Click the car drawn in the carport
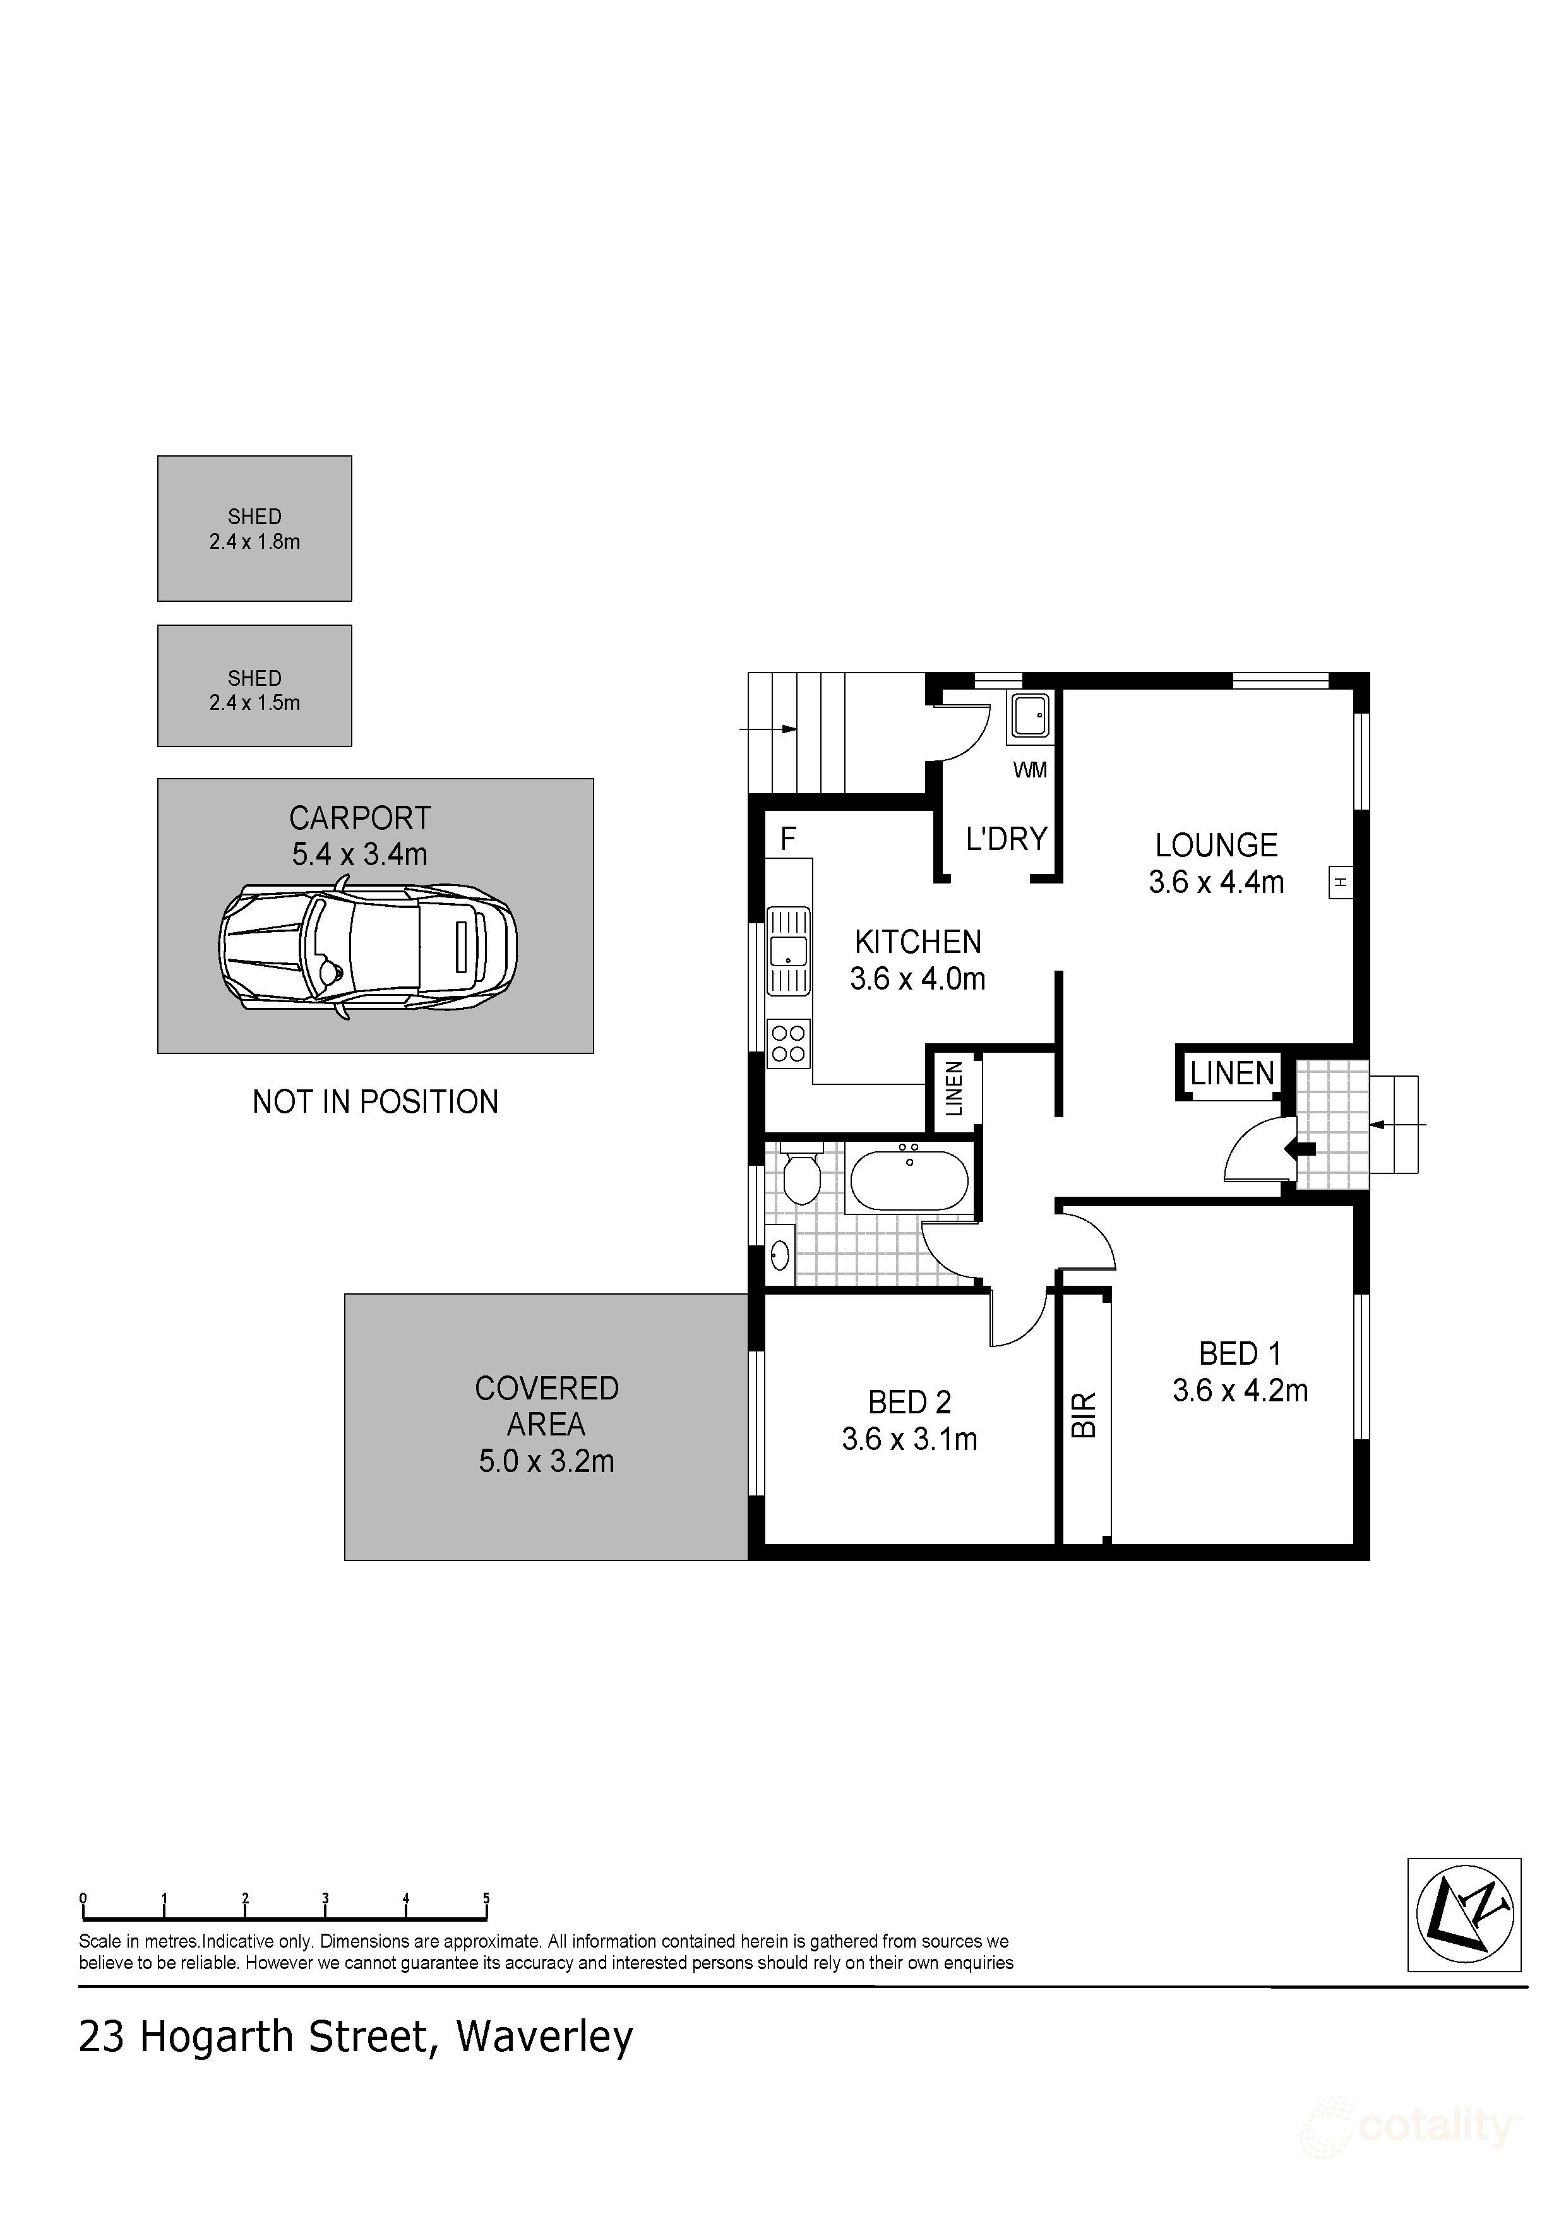coord(368,949)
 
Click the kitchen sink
coord(788,950)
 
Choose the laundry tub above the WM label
coord(1029,717)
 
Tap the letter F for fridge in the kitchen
coord(787,840)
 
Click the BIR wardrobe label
coord(1085,1415)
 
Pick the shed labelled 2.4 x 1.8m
coord(254,529)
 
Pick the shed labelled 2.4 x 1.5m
coord(254,686)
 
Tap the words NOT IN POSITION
coord(375,1101)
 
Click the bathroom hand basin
coord(780,1255)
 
